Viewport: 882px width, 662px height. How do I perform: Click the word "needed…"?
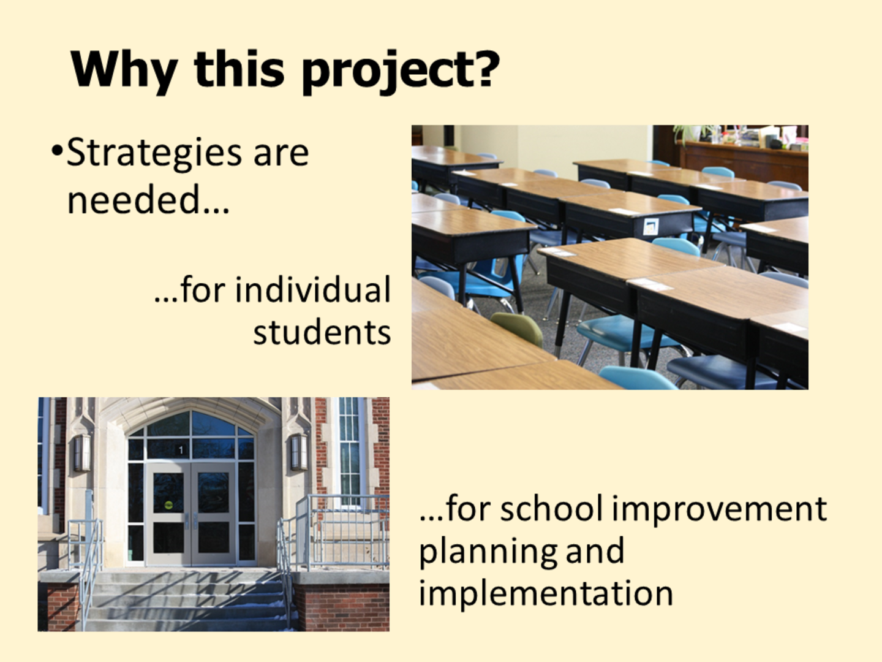tap(148, 199)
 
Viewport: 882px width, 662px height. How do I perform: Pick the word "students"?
tap(322, 332)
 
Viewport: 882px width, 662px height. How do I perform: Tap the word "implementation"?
tap(546, 594)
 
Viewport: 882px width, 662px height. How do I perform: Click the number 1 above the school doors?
tap(181, 450)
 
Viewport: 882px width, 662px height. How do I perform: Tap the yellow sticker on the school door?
tap(168, 505)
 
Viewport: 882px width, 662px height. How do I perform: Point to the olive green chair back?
tap(517, 327)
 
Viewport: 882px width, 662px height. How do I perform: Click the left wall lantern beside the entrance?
tap(82, 452)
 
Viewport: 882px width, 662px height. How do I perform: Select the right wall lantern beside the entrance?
tap(299, 452)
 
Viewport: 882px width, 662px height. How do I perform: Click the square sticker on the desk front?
tap(650, 226)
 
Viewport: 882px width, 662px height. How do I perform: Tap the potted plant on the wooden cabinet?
tap(693, 132)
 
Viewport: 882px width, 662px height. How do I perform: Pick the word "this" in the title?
tap(239, 69)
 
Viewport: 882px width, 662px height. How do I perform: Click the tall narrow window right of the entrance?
tap(350, 450)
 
